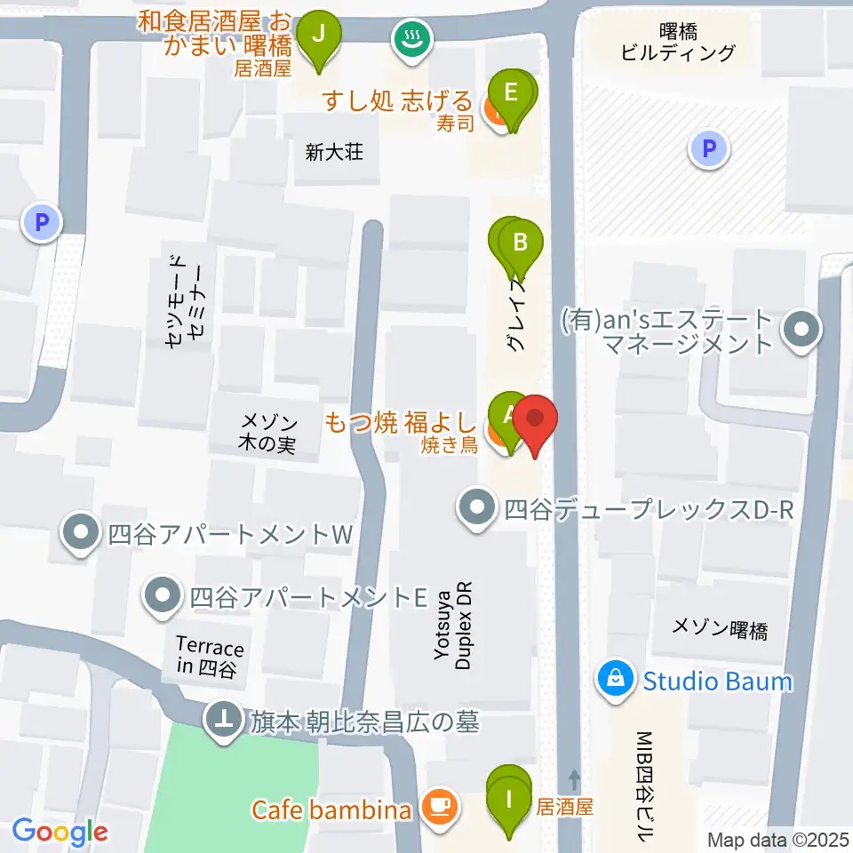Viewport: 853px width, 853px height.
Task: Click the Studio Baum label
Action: (x=717, y=682)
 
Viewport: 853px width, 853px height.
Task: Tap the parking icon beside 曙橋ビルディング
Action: (x=709, y=148)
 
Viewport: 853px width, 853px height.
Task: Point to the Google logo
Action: (x=60, y=833)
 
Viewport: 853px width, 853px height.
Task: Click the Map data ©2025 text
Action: (x=778, y=839)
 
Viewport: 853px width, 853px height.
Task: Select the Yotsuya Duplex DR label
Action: (x=452, y=626)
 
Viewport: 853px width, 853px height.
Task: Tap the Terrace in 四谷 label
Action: (x=210, y=658)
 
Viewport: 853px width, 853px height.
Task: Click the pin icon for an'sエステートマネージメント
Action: (x=801, y=332)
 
